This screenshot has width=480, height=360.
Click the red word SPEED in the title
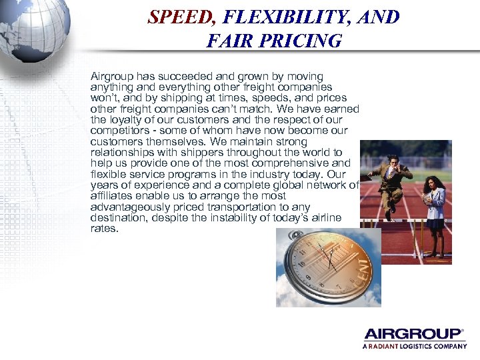[x=179, y=17]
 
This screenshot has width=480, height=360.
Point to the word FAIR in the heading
[x=227, y=41]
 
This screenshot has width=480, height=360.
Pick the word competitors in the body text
[x=117, y=131]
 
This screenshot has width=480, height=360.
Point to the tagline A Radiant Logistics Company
[x=415, y=347]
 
